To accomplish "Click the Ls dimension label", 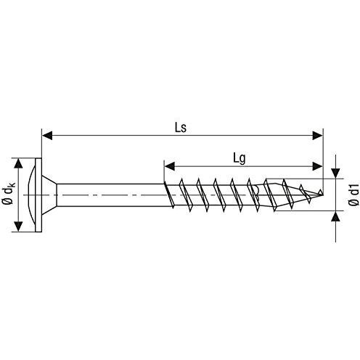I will [182, 128].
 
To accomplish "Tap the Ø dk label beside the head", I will [8, 195].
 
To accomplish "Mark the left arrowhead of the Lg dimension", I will [169, 164].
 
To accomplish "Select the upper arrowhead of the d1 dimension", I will [335, 173].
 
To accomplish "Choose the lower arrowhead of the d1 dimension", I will [335, 216].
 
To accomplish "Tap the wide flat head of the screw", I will [38, 195].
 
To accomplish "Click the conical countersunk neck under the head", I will [49, 195].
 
